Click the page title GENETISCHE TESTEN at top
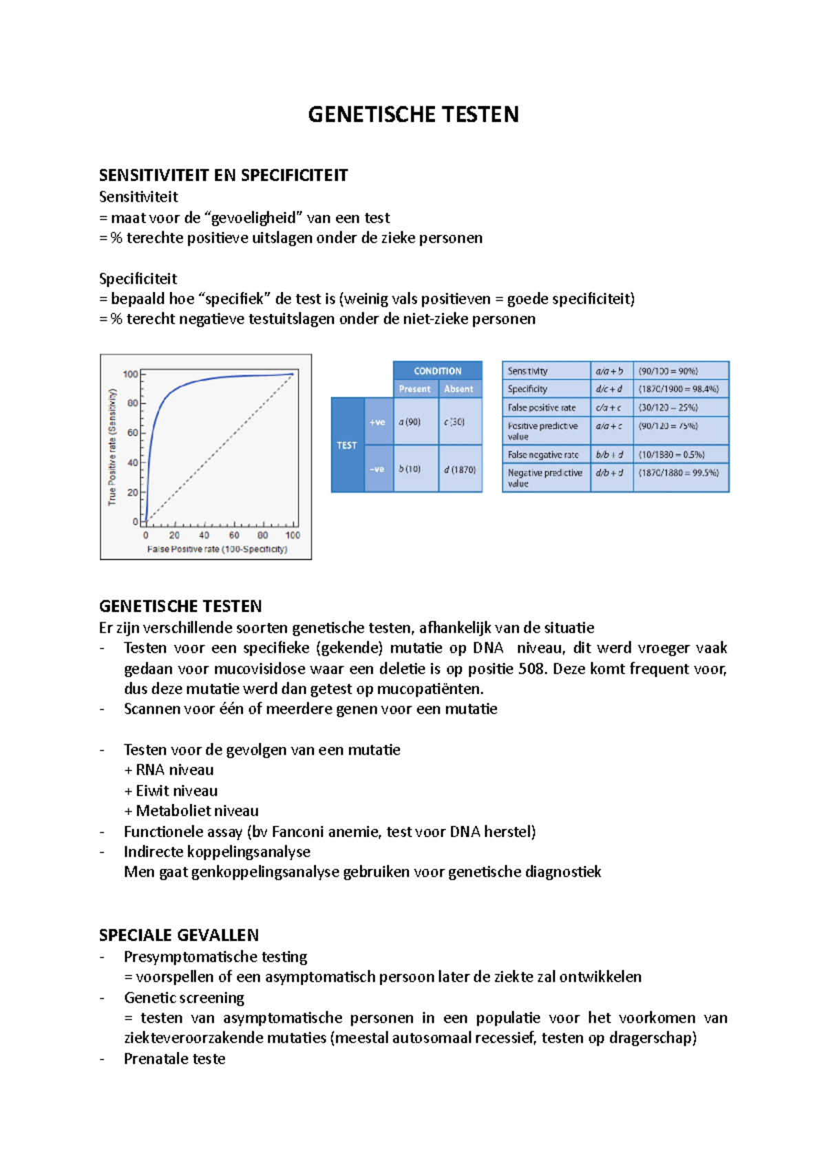(413, 114)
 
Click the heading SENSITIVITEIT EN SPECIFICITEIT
(223, 176)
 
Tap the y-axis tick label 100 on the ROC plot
(130, 375)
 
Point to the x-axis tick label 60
(234, 535)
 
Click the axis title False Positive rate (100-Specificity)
(217, 549)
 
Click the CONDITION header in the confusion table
(437, 371)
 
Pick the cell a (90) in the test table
(410, 422)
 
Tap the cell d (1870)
(460, 470)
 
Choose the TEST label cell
(347, 445)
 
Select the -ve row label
(377, 470)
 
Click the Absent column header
(458, 389)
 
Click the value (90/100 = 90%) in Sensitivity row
(668, 371)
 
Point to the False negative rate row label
(543, 455)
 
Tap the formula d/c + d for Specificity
(608, 389)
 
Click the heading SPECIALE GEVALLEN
(179, 936)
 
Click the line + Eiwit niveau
(171, 791)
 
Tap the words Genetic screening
(184, 998)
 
